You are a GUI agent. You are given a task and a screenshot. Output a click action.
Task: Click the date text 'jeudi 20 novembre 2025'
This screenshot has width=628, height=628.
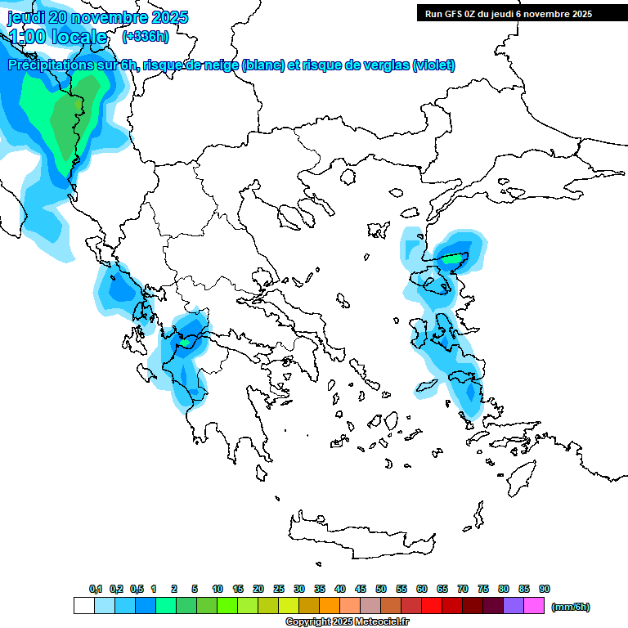click(97, 17)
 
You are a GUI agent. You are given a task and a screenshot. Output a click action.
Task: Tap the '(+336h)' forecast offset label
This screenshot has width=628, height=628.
click(145, 36)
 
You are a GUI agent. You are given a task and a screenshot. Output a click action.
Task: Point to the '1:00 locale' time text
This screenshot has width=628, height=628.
click(58, 37)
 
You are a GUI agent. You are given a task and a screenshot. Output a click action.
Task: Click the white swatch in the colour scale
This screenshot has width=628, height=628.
click(83, 606)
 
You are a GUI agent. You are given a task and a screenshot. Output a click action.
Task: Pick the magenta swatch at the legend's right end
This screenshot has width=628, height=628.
click(534, 606)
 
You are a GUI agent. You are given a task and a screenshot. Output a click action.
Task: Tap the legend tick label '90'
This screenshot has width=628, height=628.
click(545, 589)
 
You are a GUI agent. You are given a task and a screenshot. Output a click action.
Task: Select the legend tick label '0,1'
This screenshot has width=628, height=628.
click(95, 589)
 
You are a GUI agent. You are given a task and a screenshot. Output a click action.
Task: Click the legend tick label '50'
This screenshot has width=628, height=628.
click(381, 589)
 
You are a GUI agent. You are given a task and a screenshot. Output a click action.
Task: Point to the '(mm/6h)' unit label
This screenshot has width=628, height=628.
click(570, 607)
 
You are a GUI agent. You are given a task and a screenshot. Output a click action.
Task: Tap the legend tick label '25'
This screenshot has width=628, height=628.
click(279, 589)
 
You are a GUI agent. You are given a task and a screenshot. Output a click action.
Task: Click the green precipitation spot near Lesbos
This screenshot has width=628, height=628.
click(452, 260)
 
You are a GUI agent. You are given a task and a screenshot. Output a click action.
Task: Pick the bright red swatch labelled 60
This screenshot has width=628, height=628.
click(432, 606)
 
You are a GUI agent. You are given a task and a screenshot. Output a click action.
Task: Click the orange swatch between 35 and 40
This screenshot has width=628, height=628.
click(330, 606)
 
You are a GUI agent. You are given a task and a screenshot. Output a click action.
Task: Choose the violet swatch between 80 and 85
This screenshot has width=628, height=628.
click(514, 606)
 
